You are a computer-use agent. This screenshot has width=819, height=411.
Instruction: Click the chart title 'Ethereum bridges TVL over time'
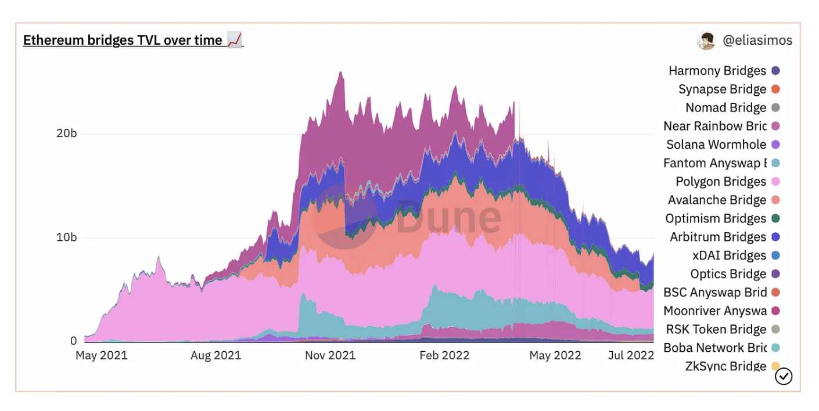pyautogui.click(x=123, y=40)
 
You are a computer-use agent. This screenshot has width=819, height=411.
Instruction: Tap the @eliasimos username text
pyautogui.click(x=757, y=40)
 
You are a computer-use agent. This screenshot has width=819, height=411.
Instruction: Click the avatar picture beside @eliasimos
pyautogui.click(x=706, y=41)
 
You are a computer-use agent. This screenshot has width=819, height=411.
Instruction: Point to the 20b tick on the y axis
pyautogui.click(x=66, y=133)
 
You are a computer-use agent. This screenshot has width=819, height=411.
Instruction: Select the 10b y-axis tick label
pyautogui.click(x=66, y=237)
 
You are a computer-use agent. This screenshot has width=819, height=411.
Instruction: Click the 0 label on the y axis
pyautogui.click(x=73, y=341)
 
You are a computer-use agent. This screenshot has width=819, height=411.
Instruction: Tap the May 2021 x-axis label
pyautogui.click(x=101, y=355)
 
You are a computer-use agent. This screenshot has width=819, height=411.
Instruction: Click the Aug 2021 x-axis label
pyautogui.click(x=215, y=355)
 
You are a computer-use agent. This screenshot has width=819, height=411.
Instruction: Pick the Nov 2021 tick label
pyautogui.click(x=330, y=355)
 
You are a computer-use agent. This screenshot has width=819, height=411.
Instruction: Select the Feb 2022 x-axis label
pyautogui.click(x=444, y=355)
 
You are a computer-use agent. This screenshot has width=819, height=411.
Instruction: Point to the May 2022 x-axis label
pyautogui.click(x=555, y=355)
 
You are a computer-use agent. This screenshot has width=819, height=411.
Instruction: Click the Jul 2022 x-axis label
pyautogui.click(x=631, y=355)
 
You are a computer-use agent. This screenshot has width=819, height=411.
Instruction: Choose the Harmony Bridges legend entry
pyautogui.click(x=717, y=71)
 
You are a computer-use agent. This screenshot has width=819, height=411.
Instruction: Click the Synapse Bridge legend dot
pyautogui.click(x=775, y=89)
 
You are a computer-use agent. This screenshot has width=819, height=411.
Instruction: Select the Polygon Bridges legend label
pyautogui.click(x=721, y=182)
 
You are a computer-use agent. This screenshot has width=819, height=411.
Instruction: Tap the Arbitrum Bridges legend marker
pyautogui.click(x=775, y=237)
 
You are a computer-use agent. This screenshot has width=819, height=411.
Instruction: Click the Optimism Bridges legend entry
pyautogui.click(x=716, y=218)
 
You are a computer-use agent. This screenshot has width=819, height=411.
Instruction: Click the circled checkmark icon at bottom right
pyautogui.click(x=784, y=376)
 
